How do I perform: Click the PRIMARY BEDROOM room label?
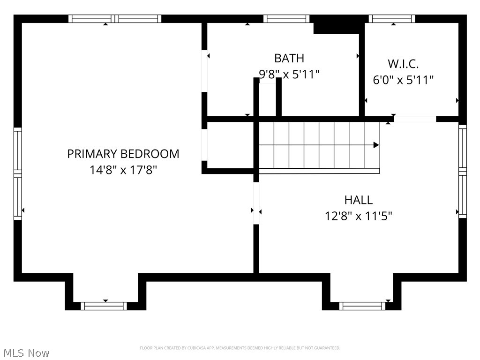123,154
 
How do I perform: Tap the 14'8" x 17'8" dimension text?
123,170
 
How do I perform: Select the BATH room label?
289,58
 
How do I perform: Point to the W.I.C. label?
403,64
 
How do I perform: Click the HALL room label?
358,200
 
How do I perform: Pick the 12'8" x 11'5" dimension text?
358,216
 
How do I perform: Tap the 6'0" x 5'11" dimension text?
403,80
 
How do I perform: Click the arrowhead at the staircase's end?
375,145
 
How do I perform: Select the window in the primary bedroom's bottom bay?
104,306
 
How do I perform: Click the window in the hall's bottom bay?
362,306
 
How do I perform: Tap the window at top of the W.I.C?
391,19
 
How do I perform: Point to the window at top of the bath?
286,19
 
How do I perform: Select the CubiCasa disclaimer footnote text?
240,348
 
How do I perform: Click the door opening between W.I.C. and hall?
415,119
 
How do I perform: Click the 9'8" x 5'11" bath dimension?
289,74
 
